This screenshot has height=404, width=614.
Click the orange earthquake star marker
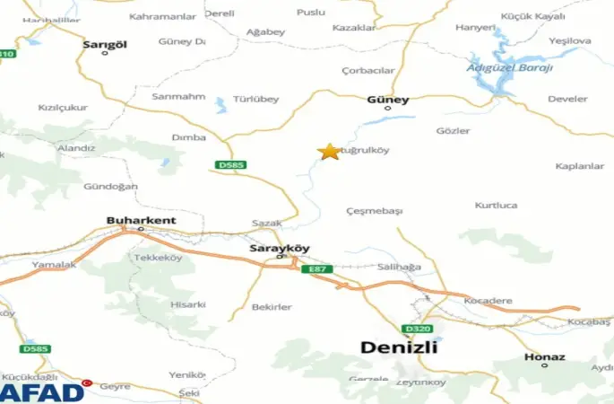click(x=330, y=152)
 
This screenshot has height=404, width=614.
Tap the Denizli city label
click(x=398, y=347)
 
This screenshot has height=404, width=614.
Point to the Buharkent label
click(x=142, y=220)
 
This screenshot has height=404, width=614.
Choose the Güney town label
click(x=388, y=100)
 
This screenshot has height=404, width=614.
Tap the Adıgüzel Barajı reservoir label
click(x=510, y=67)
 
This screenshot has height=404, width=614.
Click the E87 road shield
click(x=316, y=268)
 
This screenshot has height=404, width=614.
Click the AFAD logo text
click(x=42, y=391)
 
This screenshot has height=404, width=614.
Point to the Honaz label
click(x=546, y=356)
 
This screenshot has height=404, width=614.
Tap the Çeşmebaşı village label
click(x=375, y=211)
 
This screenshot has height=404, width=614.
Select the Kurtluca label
click(x=497, y=205)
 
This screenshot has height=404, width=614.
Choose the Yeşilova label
click(x=570, y=40)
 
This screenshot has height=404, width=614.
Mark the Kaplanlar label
click(x=579, y=166)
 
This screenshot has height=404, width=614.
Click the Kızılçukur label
click(x=63, y=108)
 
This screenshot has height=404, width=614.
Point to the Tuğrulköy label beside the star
click(x=368, y=150)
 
